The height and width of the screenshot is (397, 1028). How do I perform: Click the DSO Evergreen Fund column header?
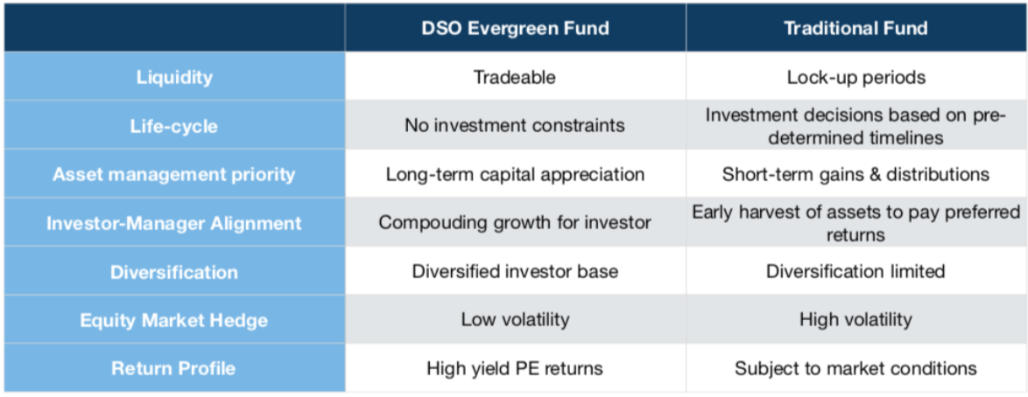pos(515,28)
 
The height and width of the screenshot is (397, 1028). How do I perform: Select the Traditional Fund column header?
pos(855,28)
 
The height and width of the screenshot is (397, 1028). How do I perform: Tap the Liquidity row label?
pos(174,77)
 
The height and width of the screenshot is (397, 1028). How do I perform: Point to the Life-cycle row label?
pos(174,126)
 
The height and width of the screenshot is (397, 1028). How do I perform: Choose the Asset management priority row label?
pos(174,175)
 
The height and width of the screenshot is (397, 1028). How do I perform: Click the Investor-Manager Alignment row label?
pos(174,223)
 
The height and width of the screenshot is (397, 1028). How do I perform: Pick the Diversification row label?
pos(174,271)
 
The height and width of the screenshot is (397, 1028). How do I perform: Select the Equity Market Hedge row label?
pos(174,320)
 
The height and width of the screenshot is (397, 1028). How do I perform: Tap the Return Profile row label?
pos(174,368)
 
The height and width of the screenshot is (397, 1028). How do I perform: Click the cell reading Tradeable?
pos(515,77)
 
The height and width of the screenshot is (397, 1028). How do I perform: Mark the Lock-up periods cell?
pos(855,77)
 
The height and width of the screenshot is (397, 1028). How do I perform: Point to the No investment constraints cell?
pos(515,125)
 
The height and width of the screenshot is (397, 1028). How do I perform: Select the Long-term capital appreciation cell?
pos(515,175)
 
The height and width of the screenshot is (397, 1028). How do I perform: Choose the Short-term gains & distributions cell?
pos(855,175)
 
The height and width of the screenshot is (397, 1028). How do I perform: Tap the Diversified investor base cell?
pos(515,270)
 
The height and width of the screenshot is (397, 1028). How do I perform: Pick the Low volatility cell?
pos(515,320)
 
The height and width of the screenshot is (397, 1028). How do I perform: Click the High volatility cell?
pos(855,320)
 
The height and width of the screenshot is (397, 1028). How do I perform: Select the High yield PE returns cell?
pos(515,368)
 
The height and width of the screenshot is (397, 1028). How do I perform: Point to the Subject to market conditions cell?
pos(855,368)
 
